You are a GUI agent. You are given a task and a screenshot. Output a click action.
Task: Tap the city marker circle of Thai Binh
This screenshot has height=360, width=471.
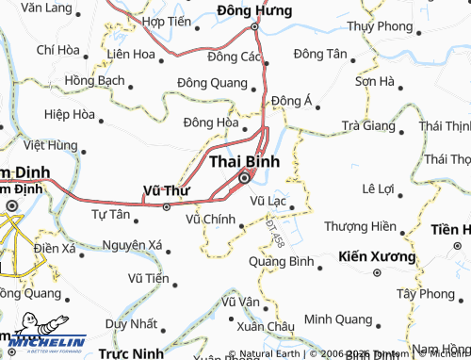click(x=245, y=178)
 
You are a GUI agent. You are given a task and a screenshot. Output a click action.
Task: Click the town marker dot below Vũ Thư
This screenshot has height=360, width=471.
click(x=166, y=205)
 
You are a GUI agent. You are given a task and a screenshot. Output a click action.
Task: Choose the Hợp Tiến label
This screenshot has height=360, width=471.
click(x=165, y=20)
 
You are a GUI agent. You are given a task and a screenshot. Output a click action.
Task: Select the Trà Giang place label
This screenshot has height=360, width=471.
click(x=369, y=124)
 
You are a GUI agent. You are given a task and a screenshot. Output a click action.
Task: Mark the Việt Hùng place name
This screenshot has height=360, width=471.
click(x=51, y=145)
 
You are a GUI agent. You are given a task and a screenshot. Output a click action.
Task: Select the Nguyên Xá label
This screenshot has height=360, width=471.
click(x=134, y=246)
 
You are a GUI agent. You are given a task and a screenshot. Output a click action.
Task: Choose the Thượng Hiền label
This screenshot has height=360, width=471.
click(x=360, y=226)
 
